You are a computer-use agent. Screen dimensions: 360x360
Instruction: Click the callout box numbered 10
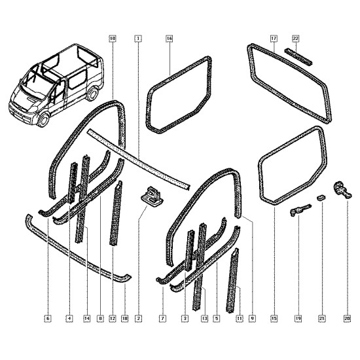coord(112,39)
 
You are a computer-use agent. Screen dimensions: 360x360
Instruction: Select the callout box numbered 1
coord(138,39)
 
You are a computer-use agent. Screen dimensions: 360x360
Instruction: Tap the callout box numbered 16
coord(170,39)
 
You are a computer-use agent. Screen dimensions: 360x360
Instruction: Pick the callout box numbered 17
coord(274,39)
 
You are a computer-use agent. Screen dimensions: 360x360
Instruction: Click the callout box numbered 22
coord(295,39)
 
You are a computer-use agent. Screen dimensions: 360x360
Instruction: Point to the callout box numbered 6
coord(48,319)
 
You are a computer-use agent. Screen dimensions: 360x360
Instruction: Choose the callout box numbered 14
coord(87,319)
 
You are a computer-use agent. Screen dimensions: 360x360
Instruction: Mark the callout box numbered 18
coord(124,319)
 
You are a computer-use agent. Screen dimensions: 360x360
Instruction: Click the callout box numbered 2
coord(139,319)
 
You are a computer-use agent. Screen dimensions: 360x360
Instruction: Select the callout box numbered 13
coord(204,319)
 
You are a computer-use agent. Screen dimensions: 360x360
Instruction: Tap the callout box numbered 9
coord(252,319)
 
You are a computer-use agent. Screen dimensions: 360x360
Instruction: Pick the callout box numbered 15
coord(274,319)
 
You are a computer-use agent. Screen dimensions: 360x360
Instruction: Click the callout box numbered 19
coord(298,319)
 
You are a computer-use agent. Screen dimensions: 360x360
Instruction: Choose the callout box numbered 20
coord(347,319)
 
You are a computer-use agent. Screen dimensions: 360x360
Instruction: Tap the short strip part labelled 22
coord(298,57)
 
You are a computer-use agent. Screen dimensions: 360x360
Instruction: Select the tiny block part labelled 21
coord(321,197)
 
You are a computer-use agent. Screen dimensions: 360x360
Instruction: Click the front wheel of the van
coord(43,119)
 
